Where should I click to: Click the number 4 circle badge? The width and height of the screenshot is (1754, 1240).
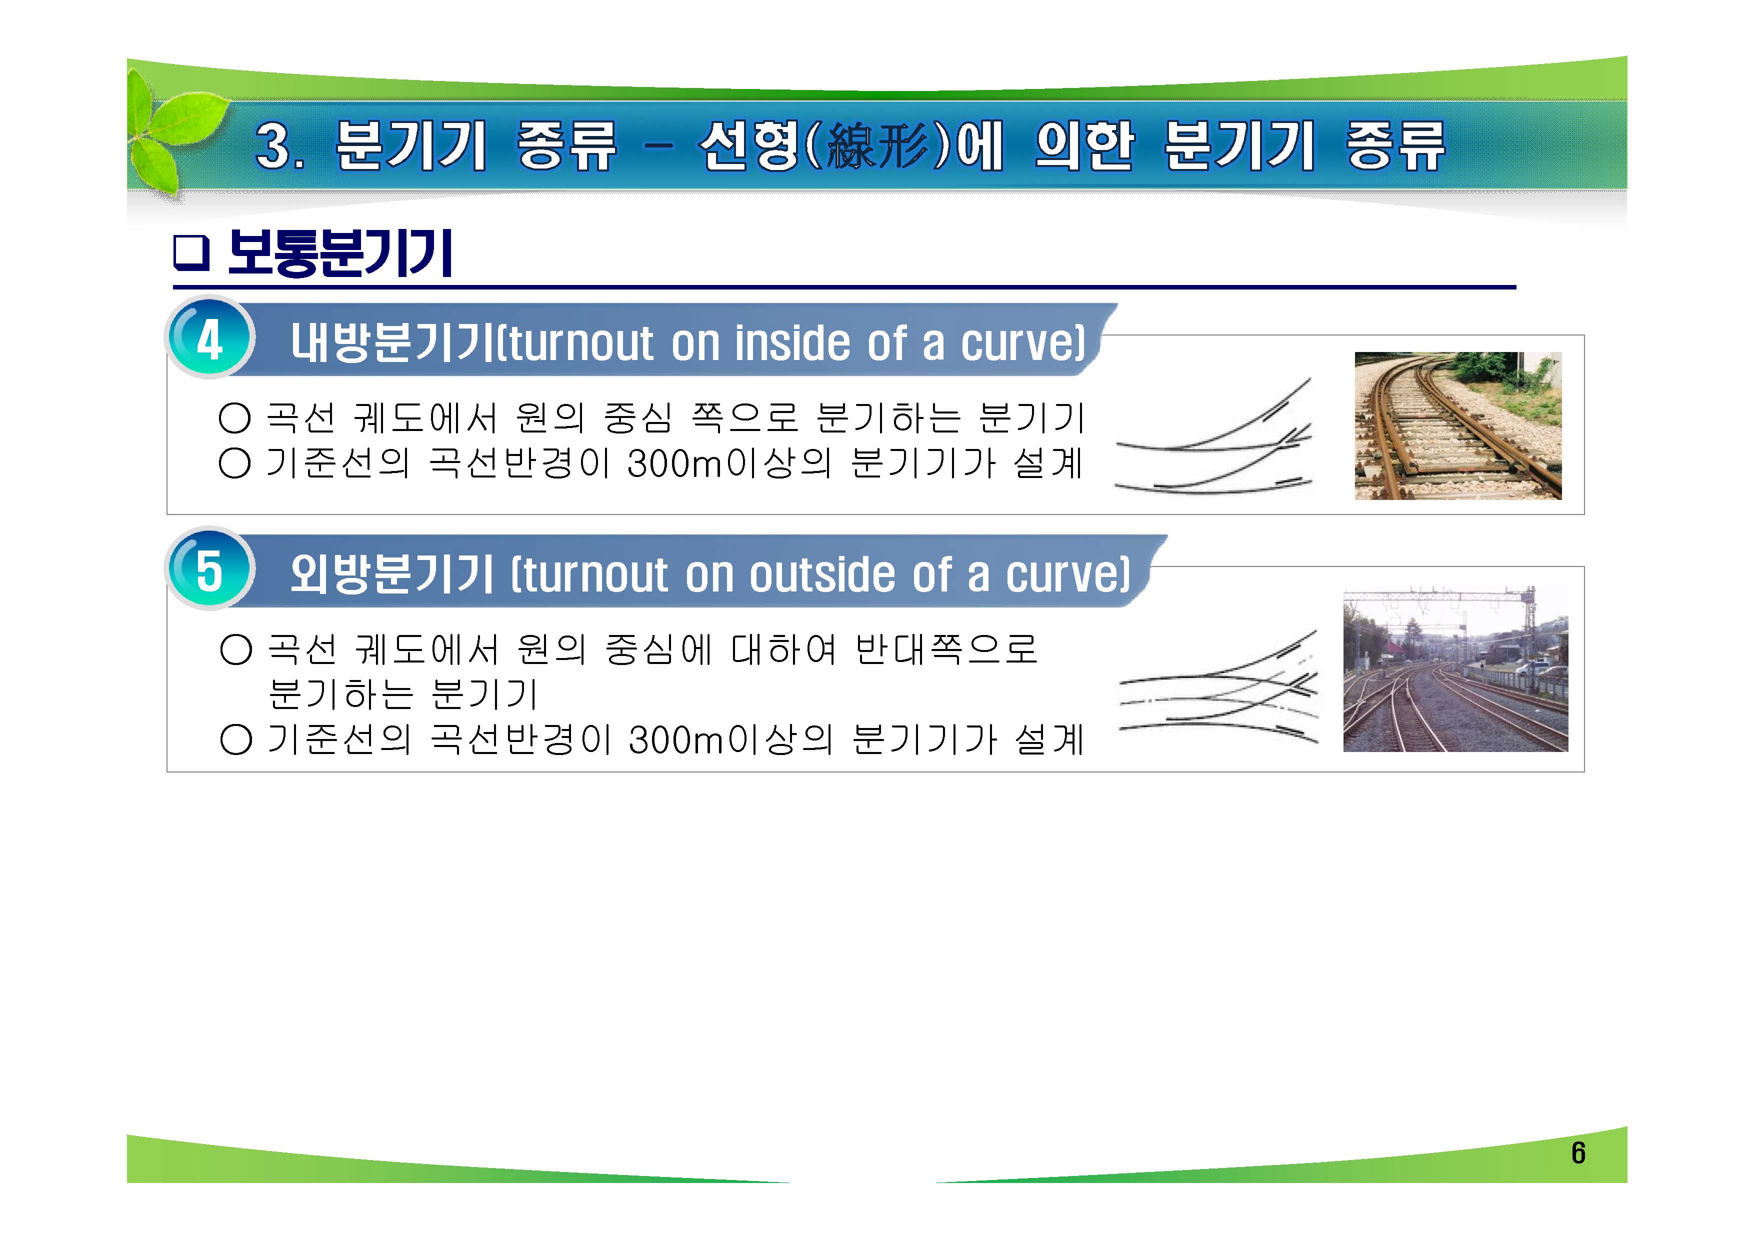(x=208, y=339)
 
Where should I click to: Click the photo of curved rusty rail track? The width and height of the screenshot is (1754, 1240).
(x=1457, y=425)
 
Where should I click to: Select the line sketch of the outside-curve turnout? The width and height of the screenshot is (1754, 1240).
(x=1218, y=687)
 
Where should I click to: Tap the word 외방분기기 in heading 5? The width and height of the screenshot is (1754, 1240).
(x=391, y=574)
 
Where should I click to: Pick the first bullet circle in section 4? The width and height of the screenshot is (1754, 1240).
(x=234, y=418)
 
